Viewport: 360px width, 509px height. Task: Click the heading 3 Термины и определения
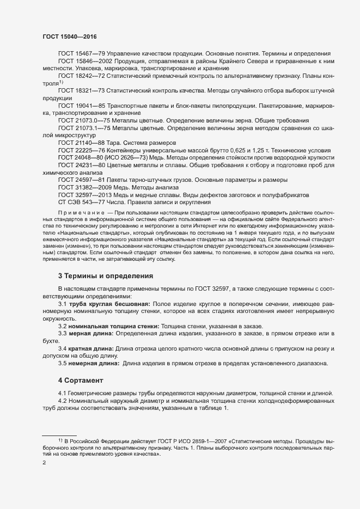pyautogui.click(x=106, y=276)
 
